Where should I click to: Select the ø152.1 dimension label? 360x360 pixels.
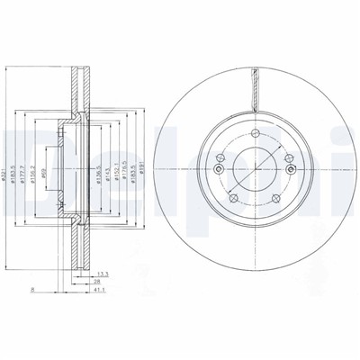120,166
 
